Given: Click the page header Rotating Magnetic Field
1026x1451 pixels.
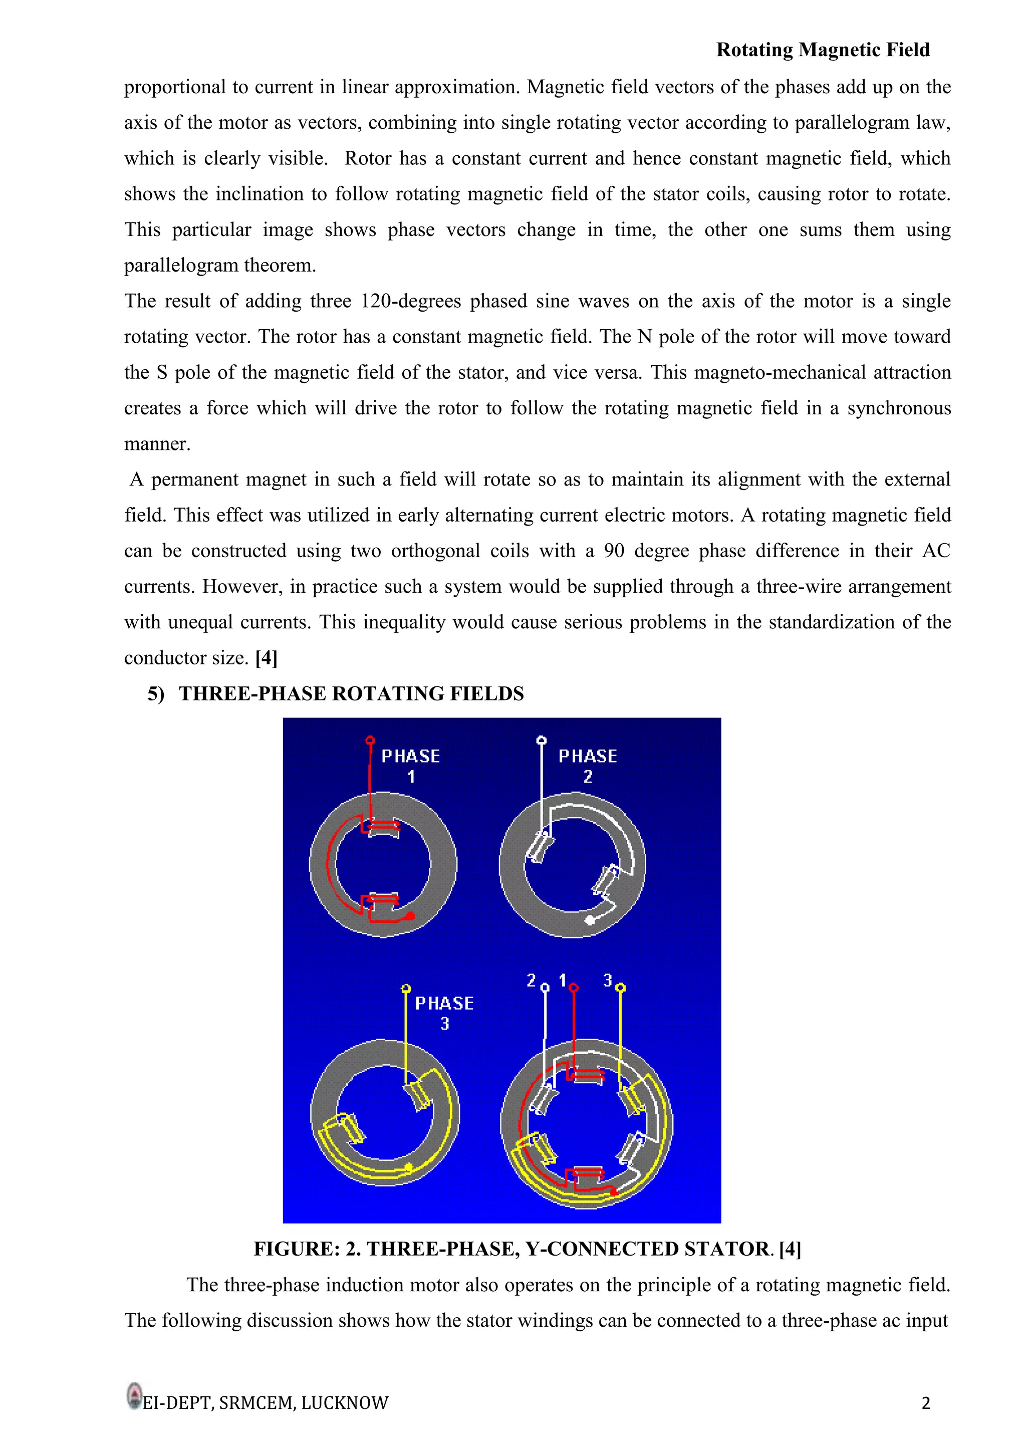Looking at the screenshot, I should pyautogui.click(x=822, y=50).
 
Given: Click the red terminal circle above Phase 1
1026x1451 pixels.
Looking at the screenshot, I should pyautogui.click(x=370, y=740).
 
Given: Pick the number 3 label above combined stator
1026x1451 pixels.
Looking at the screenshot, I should pyautogui.click(x=607, y=980).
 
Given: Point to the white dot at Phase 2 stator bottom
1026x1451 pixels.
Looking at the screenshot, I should pyautogui.click(x=590, y=920).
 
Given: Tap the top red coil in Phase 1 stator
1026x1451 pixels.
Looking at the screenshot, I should pyautogui.click(x=383, y=825).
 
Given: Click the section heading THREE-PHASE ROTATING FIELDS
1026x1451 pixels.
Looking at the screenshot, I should pyautogui.click(x=351, y=694).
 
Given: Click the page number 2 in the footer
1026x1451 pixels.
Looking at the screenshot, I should pyautogui.click(x=925, y=1403).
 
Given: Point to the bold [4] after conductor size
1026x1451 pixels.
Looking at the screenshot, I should pyautogui.click(x=266, y=658).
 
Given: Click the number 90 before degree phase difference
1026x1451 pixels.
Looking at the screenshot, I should pyautogui.click(x=614, y=551).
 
